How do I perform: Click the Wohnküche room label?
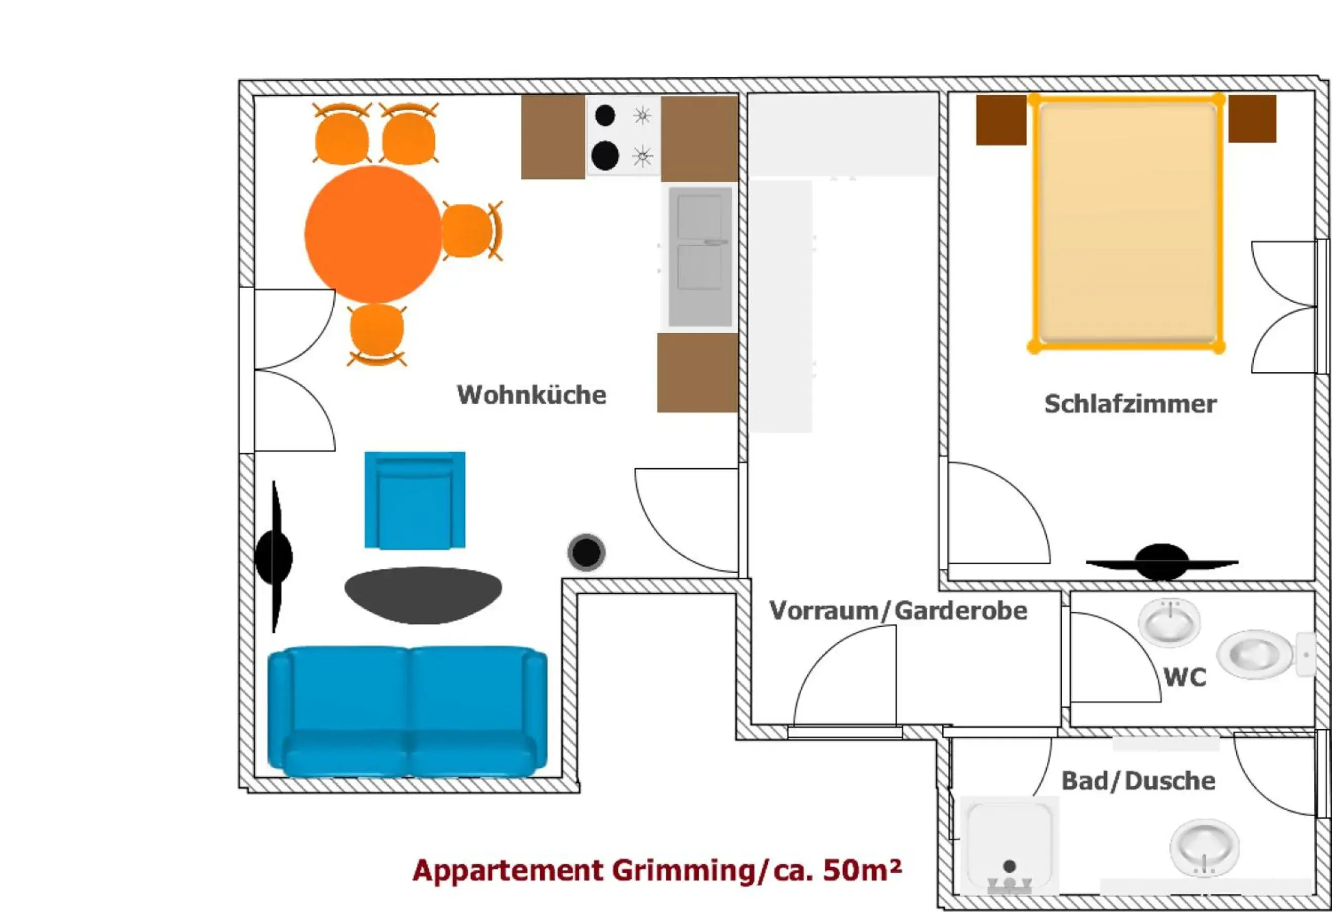tap(531, 395)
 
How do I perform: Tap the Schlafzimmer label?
tap(1130, 404)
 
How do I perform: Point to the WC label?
tap(1185, 678)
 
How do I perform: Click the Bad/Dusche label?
tap(1138, 781)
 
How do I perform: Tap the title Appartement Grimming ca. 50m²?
tap(657, 870)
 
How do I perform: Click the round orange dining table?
tap(373, 234)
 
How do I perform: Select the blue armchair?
tap(414, 500)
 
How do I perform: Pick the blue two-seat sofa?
tap(407, 711)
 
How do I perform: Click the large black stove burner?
tap(604, 156)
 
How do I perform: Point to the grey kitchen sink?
tap(700, 256)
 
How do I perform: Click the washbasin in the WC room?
tap(1169, 622)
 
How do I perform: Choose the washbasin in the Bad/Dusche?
tap(1204, 847)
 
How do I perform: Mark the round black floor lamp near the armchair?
tap(586, 553)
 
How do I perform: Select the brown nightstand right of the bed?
tap(1252, 118)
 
